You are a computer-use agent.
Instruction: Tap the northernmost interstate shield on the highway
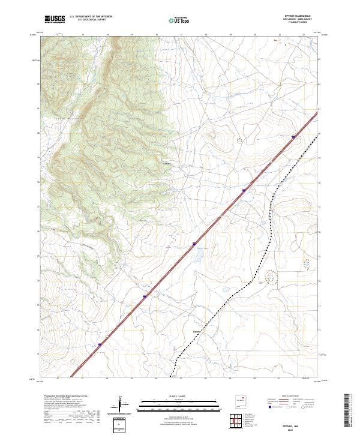click(293, 137)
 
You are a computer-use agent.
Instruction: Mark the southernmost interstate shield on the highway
click(100, 345)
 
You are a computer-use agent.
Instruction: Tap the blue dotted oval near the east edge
click(308, 263)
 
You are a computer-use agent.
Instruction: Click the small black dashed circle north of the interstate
click(240, 140)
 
